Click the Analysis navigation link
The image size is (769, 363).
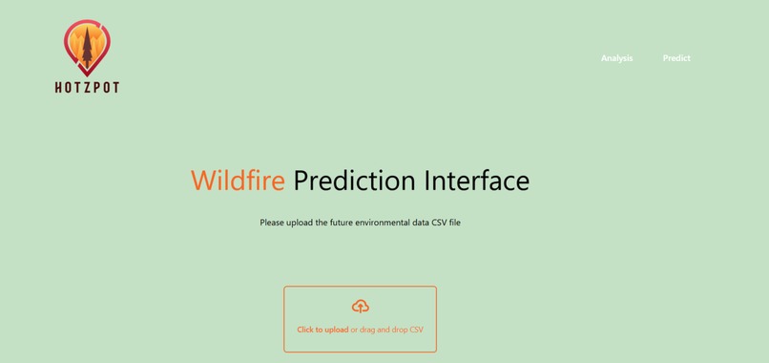[x=616, y=58]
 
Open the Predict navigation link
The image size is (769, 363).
[x=676, y=58]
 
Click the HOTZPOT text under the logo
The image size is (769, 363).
[x=87, y=87]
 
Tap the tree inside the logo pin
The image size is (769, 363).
[x=87, y=48]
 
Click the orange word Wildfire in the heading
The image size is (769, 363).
[x=238, y=181]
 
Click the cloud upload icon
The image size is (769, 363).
[x=361, y=307]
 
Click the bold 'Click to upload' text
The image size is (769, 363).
[x=322, y=330]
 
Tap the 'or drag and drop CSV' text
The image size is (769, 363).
[x=387, y=330]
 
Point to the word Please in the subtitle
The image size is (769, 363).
[x=274, y=223]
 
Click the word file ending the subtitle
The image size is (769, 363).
[x=455, y=223]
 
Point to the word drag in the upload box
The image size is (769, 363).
[x=369, y=330]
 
